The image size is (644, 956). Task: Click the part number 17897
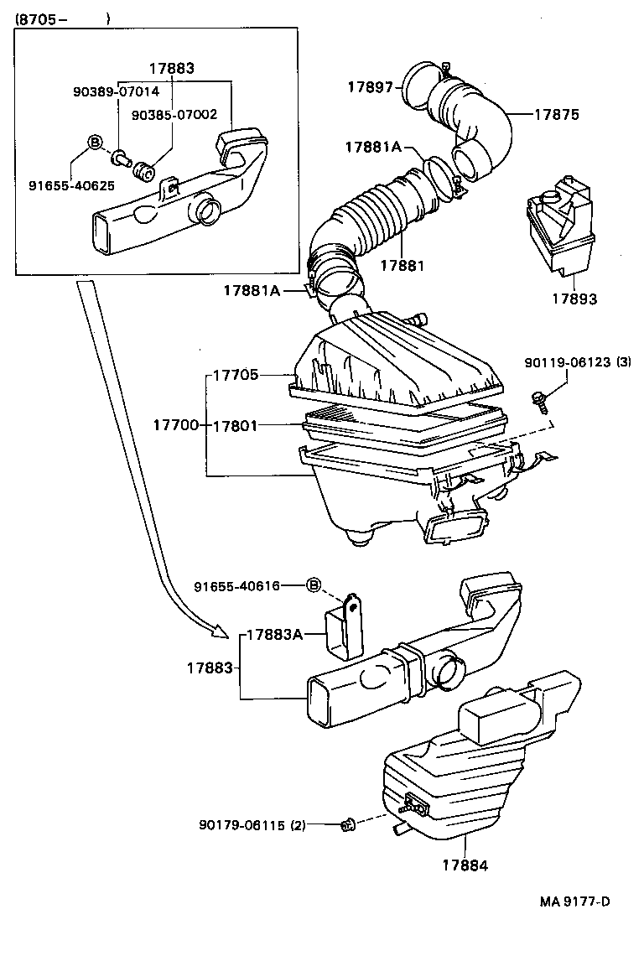pyautogui.click(x=370, y=86)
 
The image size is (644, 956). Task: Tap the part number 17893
pyautogui.click(x=574, y=299)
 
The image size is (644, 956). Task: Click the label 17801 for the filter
pyautogui.click(x=234, y=426)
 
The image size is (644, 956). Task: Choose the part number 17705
pyautogui.click(x=235, y=376)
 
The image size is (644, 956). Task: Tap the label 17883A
pyautogui.click(x=274, y=636)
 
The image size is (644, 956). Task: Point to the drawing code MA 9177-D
pyautogui.click(x=574, y=901)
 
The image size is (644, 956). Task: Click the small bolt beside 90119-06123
pyautogui.click(x=539, y=402)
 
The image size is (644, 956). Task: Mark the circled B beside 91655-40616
pyautogui.click(x=314, y=585)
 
